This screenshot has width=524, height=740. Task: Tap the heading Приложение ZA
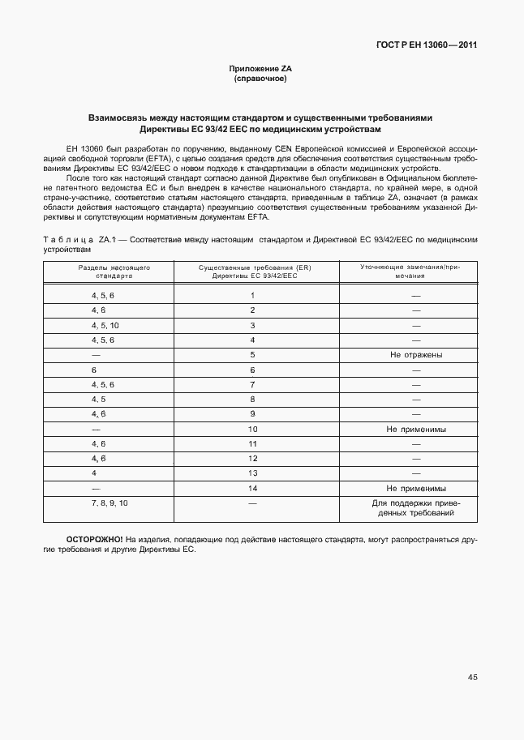[x=260, y=70]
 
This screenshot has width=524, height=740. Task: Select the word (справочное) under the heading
[x=260, y=79]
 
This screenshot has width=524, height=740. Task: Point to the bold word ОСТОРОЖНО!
[x=94, y=539]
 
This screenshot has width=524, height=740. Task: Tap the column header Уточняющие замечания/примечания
[x=415, y=272]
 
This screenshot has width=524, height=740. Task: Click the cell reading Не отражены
[x=415, y=355]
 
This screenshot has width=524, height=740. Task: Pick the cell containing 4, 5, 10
[x=105, y=325]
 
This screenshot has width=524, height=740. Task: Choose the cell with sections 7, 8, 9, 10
[x=110, y=503]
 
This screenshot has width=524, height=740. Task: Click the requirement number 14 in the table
[x=253, y=489]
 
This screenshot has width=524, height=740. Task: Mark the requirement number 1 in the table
[x=253, y=296]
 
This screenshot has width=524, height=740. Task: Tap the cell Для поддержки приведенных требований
[x=415, y=508]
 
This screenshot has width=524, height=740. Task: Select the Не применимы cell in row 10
[x=415, y=429]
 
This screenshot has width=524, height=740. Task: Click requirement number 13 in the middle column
[x=253, y=473]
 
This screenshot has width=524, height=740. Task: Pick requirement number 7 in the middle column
[x=253, y=384]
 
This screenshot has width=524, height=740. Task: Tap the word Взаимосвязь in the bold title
[x=121, y=118]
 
